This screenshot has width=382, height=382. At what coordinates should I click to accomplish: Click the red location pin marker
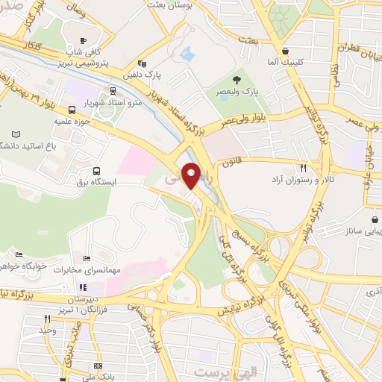pos(192,175)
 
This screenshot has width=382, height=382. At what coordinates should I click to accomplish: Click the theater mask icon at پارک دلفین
pos(143,63)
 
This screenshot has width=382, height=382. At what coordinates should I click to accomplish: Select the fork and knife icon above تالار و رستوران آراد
pos(303,169)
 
